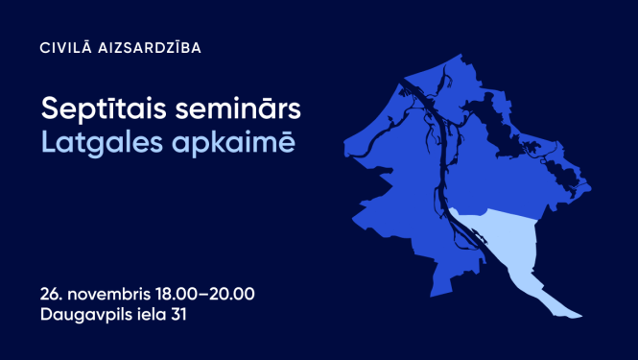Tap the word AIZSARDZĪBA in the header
149,47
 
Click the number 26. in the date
53,293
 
